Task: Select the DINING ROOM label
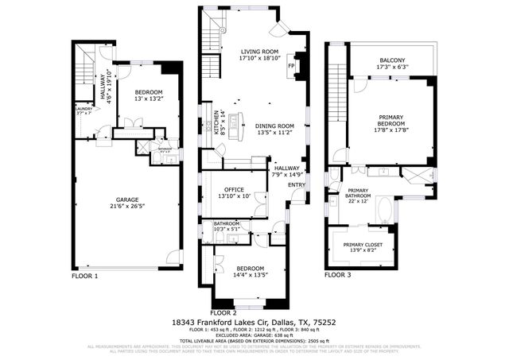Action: coord(275,126)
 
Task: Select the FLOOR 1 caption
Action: coord(85,276)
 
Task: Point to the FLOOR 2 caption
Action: coord(224,313)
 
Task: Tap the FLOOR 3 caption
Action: coord(337,275)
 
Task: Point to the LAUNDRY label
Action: coord(84,109)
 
